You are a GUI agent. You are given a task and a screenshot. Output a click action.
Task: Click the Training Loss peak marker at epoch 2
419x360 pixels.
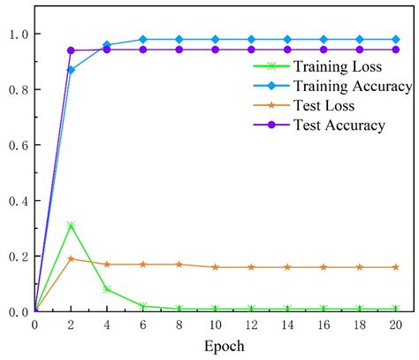(x=71, y=226)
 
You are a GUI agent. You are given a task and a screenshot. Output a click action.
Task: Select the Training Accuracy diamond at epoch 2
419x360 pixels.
(x=71, y=70)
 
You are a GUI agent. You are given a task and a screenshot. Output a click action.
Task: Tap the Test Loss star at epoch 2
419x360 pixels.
(x=71, y=259)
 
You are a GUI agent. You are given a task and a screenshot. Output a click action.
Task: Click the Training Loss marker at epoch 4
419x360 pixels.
(x=107, y=289)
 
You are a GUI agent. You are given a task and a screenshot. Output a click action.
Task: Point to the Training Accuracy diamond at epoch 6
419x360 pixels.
(x=143, y=39)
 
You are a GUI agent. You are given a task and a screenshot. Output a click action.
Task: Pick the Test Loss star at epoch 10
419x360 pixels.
(x=215, y=267)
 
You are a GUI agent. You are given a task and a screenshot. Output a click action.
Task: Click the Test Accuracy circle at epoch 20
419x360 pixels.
(x=395, y=50)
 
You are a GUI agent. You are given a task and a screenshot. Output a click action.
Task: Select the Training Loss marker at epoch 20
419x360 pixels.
(x=395, y=309)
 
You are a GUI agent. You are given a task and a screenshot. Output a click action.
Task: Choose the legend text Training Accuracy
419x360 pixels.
(x=339, y=87)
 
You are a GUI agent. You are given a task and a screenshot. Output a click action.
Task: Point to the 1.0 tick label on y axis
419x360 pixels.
(x=17, y=34)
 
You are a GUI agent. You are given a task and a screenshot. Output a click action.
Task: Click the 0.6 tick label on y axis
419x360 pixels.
(x=17, y=145)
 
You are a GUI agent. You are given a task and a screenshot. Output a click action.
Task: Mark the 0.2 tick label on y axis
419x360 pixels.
(x=17, y=257)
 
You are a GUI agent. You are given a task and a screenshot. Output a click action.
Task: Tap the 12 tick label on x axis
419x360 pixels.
(x=251, y=326)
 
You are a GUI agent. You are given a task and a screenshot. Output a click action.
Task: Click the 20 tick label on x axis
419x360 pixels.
(x=395, y=326)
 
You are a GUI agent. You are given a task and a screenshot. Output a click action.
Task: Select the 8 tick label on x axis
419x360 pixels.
(x=179, y=326)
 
